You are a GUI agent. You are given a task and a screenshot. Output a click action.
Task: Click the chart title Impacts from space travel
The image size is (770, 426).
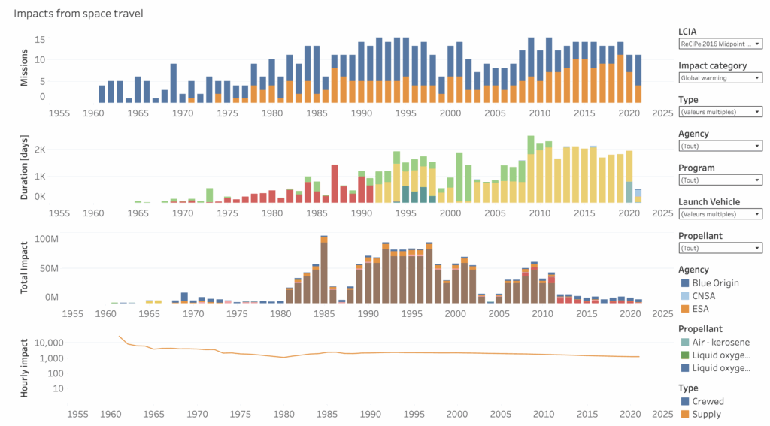point(78,13)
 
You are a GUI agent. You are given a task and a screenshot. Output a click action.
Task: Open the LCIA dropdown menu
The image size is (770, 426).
point(720,44)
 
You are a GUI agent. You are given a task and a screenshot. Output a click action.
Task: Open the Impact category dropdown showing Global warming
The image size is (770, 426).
point(720,77)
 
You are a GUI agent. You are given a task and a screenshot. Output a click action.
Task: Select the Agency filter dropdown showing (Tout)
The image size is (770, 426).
point(720,146)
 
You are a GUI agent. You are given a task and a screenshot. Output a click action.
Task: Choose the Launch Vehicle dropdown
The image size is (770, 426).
point(720,214)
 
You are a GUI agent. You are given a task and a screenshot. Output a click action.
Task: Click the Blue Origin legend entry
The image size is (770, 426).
point(710,282)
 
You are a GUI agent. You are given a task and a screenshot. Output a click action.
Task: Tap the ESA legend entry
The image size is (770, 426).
point(697,308)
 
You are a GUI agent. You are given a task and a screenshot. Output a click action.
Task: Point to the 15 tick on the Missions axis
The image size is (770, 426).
point(41,40)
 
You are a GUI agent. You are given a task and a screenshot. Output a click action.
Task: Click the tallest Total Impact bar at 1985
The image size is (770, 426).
point(324,270)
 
